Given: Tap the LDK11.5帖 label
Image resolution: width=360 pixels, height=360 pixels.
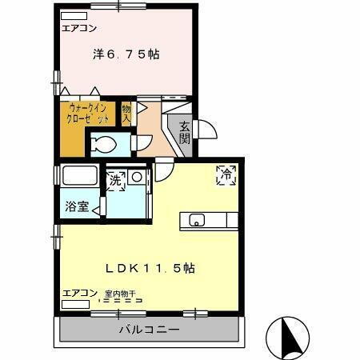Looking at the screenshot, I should pyautogui.click(x=150, y=268).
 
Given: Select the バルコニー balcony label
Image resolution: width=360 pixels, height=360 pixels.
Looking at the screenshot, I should pyautogui.click(x=150, y=329).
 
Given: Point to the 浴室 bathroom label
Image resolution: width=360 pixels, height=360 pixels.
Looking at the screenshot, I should pyautogui.click(x=77, y=206).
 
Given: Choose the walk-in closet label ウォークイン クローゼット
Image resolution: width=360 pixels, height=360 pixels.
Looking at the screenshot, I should pyautogui.click(x=89, y=113).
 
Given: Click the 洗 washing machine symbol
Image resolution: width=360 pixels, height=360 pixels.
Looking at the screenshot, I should pyautogui.click(x=116, y=181).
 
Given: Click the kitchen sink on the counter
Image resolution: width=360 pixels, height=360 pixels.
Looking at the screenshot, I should pyautogui.click(x=194, y=220).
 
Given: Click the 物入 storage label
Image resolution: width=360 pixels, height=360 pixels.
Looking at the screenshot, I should pyautogui.click(x=126, y=113).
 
